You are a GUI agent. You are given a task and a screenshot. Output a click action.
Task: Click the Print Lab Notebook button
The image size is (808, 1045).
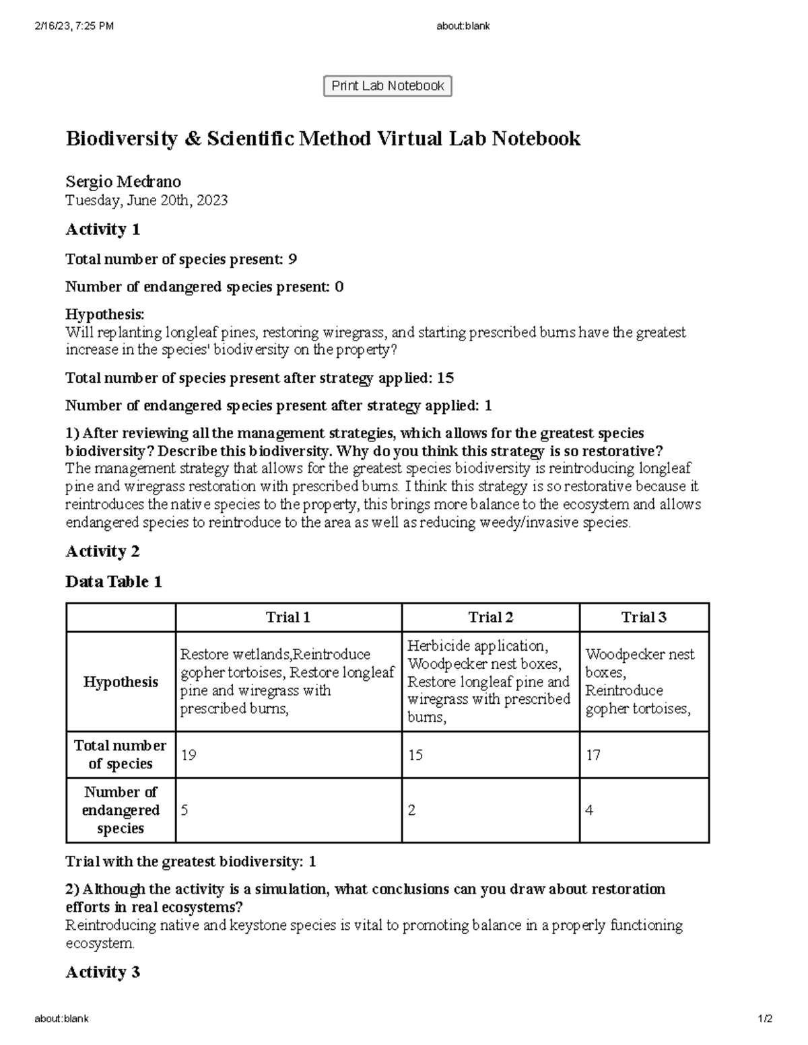(x=387, y=86)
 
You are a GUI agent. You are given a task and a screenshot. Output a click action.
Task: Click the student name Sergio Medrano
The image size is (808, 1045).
(x=123, y=182)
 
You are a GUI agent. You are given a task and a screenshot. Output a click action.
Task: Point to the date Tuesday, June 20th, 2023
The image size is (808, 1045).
(x=146, y=200)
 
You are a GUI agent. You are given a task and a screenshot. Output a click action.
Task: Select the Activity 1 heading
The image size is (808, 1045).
(x=102, y=229)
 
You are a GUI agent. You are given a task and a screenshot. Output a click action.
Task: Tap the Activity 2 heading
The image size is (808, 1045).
(x=102, y=552)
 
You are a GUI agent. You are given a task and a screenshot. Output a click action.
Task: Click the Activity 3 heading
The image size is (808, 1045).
(x=102, y=972)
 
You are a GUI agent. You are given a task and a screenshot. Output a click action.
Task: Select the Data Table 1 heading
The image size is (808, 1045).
(x=113, y=582)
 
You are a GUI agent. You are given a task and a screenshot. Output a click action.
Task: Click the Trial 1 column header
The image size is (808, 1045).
(x=288, y=618)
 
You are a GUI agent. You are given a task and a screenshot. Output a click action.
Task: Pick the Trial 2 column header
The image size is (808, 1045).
(x=490, y=618)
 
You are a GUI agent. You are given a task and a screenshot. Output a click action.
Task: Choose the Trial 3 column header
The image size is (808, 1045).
(x=644, y=618)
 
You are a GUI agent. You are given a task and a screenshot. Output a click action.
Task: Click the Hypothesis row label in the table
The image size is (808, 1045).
(x=121, y=682)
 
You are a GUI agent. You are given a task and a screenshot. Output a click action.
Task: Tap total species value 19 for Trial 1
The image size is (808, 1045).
(x=189, y=755)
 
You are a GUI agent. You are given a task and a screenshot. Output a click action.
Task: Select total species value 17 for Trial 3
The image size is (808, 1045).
(x=593, y=755)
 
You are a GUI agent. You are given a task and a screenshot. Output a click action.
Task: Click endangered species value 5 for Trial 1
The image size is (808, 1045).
(x=184, y=810)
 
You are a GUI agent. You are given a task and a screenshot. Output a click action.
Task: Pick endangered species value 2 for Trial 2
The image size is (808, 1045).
(x=411, y=810)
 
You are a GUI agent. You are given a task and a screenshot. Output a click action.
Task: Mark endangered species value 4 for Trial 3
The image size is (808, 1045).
(x=589, y=810)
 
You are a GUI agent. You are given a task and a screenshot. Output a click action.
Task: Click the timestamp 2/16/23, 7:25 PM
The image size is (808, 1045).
(x=74, y=26)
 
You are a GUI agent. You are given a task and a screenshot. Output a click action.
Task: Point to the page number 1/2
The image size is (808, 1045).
(x=764, y=1019)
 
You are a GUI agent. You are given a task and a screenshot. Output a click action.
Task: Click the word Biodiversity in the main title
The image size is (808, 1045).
(x=121, y=139)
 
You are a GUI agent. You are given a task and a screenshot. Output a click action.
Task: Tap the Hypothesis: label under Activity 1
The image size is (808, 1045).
(x=104, y=314)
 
